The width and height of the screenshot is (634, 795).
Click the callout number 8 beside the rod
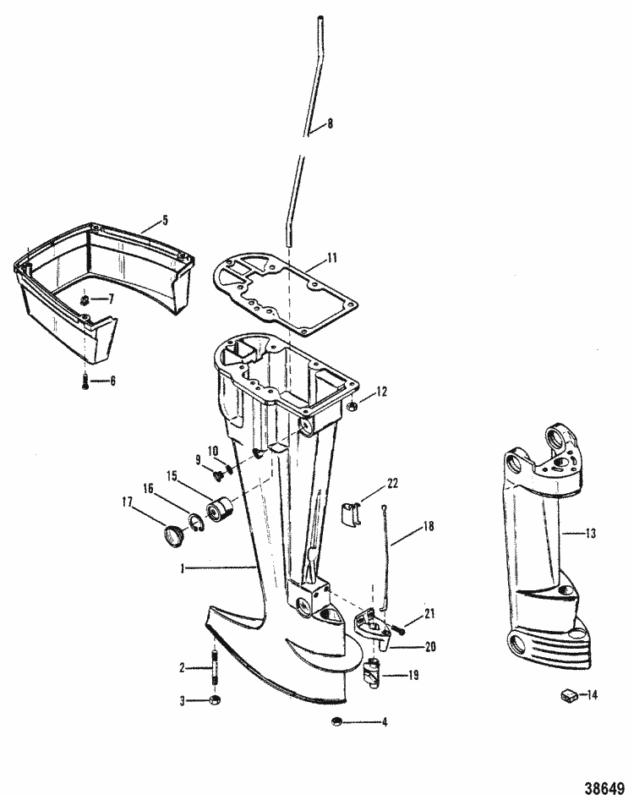[330, 123]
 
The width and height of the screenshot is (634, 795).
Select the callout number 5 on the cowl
[165, 220]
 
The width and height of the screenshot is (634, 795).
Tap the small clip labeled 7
[85, 299]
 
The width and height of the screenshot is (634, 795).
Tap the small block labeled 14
[567, 695]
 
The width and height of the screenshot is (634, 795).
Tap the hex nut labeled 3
[214, 700]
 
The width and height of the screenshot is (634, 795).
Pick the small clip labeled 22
[351, 513]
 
